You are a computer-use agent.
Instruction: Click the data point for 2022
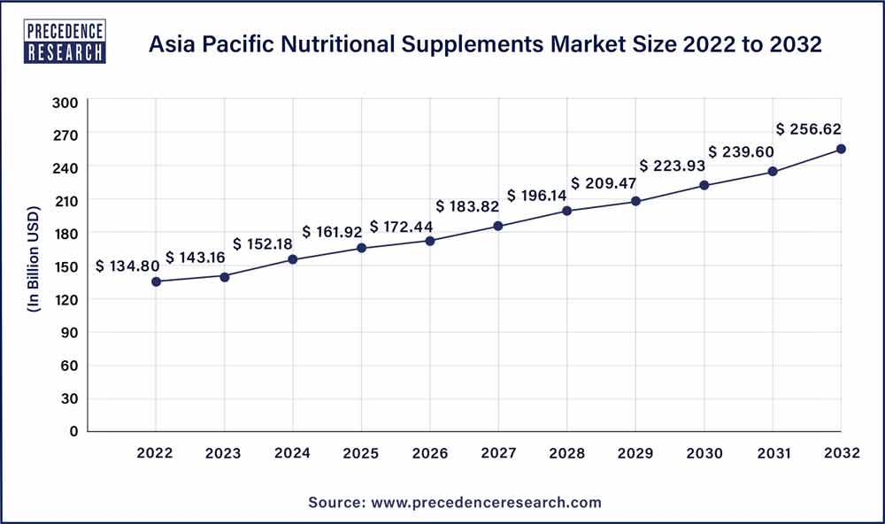[156, 281]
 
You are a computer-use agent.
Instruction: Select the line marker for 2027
[498, 226]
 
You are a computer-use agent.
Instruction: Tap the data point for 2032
[841, 149]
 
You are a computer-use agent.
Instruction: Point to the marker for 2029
[635, 201]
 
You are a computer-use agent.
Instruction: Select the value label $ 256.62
[810, 127]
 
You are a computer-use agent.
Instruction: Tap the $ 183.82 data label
[467, 206]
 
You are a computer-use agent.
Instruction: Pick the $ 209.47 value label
[603, 183]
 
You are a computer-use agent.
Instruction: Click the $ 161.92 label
[332, 232]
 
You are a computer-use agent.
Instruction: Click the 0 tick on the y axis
[74, 431]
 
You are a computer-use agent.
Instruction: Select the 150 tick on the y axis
[69, 266]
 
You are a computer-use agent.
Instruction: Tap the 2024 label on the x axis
[293, 453]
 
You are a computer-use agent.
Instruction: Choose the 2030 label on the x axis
[704, 453]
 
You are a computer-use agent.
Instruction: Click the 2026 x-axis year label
[430, 453]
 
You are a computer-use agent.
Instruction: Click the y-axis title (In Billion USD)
[35, 266]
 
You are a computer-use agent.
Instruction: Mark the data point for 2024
[293, 259]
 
